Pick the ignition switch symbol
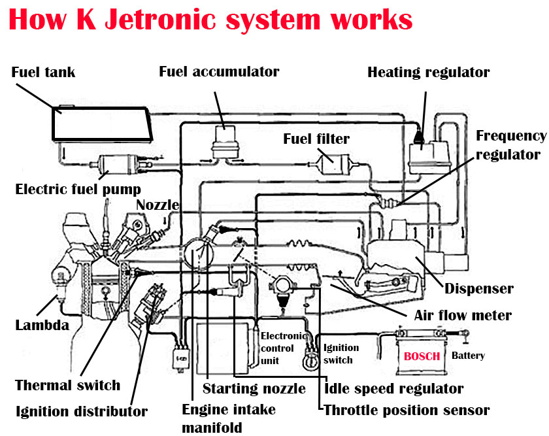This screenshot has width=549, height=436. coord(310,360)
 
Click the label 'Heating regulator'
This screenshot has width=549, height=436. coord(428,72)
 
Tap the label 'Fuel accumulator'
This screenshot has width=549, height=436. coord(219,71)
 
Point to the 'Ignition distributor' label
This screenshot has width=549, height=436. coord(82,411)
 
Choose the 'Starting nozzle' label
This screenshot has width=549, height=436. coord(254,389)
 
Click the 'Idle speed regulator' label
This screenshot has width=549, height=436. coord(394,389)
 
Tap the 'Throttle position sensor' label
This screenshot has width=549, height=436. coord(407,411)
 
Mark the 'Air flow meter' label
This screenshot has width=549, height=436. coord(463,315)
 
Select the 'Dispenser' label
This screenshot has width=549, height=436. coord(479,288)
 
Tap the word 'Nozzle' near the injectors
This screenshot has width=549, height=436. coord(157,205)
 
